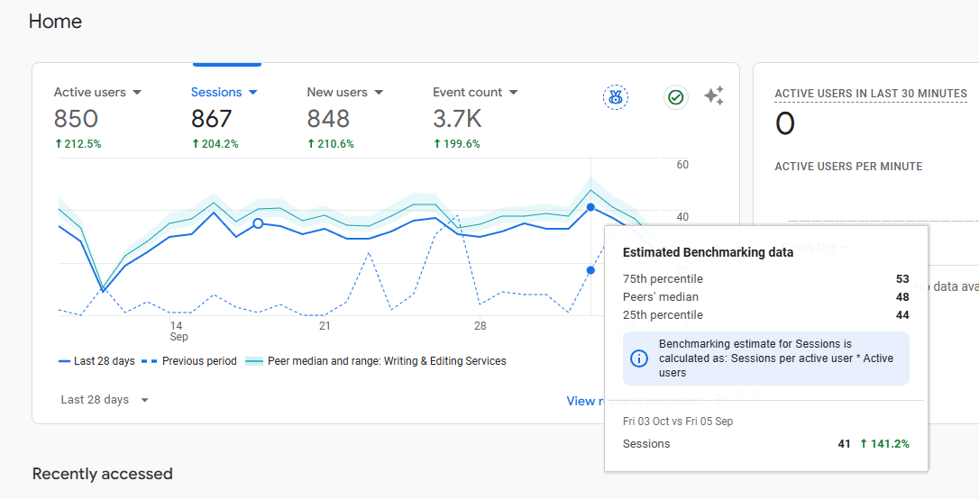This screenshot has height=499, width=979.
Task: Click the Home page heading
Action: (55, 21)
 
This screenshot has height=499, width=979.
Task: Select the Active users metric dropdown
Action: (97, 92)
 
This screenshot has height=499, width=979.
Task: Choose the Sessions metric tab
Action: (224, 92)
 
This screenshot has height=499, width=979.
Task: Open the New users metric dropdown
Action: (345, 92)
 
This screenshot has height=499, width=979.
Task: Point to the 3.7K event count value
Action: (457, 119)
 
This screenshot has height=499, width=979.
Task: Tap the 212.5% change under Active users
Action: (78, 144)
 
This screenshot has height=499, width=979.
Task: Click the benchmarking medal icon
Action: (616, 96)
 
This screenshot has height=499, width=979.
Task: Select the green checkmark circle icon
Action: (676, 96)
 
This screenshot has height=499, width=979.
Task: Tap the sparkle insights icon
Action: (714, 96)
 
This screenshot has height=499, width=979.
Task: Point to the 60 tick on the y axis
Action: (682, 165)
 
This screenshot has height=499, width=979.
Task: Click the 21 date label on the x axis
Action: (325, 325)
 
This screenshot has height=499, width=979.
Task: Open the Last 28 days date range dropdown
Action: (105, 400)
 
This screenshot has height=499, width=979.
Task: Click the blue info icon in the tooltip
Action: (638, 358)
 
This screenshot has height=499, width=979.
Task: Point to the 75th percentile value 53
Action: (902, 279)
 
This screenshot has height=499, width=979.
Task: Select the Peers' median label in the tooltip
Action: (661, 297)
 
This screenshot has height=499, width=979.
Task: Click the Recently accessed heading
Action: (102, 474)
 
